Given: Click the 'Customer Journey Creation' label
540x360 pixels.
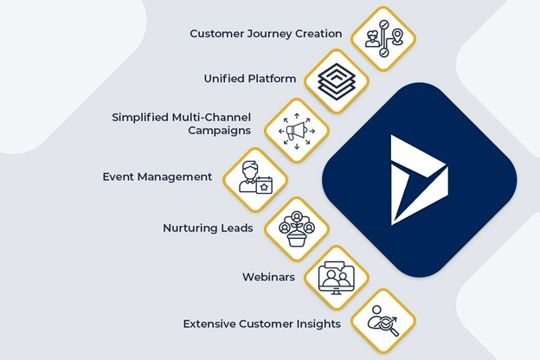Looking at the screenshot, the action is [x=266, y=34].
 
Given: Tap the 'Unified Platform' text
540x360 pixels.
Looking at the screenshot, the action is [x=250, y=79].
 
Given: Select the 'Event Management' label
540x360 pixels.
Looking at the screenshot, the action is [x=157, y=177].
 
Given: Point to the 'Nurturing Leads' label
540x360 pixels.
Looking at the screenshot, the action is [x=208, y=228].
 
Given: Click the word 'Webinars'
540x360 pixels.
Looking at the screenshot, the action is [x=268, y=277].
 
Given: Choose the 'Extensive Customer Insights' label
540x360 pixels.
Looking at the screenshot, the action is [x=261, y=325].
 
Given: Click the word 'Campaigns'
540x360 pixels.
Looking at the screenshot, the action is [x=220, y=131].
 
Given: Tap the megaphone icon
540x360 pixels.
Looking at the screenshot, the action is [x=297, y=131].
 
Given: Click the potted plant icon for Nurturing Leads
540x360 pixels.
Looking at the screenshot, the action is [x=297, y=235].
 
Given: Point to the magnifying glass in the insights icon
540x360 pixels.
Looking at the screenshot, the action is [x=389, y=326].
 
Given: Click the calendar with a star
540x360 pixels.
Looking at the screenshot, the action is [x=264, y=186].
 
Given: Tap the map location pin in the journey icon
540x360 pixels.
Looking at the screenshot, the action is [x=397, y=36].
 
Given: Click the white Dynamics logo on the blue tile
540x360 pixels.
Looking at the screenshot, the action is [x=419, y=180].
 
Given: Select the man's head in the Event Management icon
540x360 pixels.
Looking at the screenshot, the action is [x=250, y=170].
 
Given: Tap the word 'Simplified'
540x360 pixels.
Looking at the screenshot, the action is [x=140, y=118].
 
